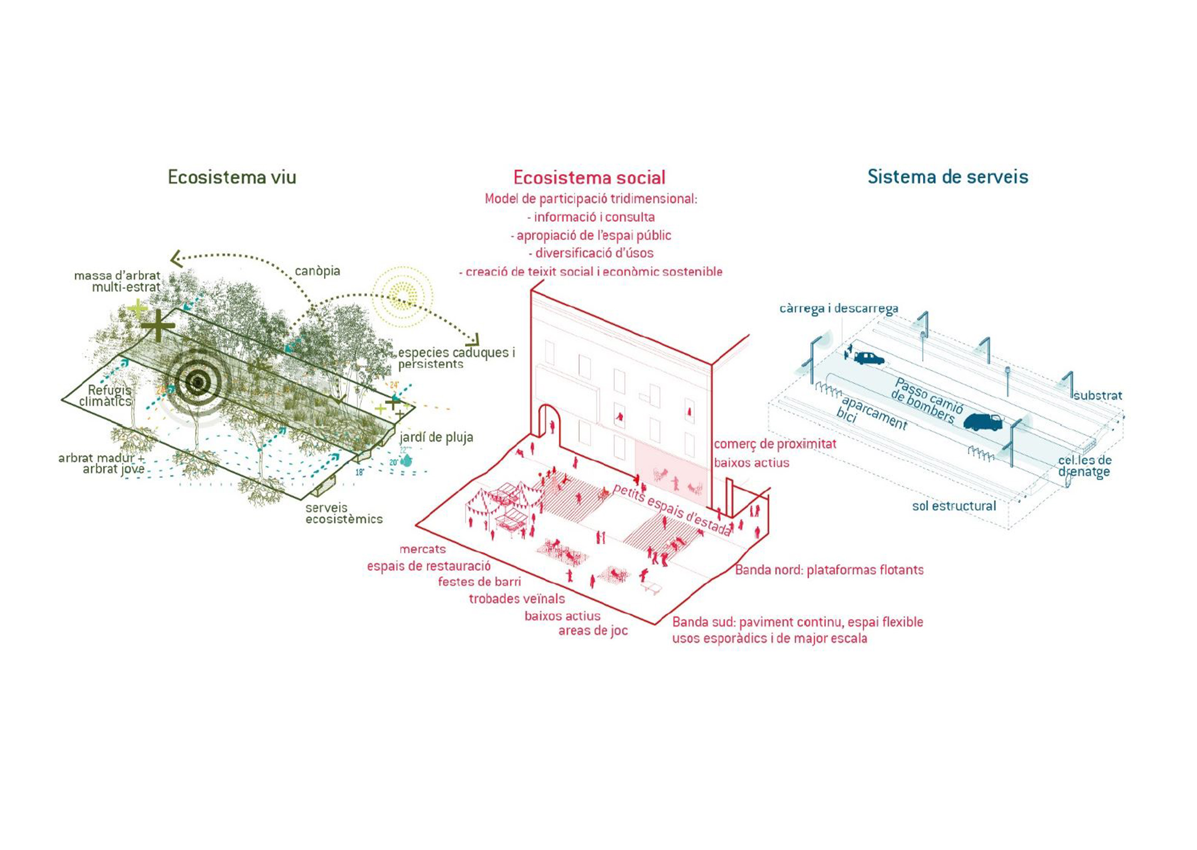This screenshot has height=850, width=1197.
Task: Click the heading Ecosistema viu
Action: (232, 178)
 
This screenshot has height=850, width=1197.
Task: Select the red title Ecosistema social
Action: (589, 178)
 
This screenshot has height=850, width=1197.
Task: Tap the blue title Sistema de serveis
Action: (947, 176)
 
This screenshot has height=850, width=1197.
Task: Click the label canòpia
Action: (317, 271)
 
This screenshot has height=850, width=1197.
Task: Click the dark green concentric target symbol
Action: (197, 383)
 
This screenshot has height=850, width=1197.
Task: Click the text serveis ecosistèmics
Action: (344, 513)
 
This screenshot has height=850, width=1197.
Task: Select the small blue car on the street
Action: (868, 358)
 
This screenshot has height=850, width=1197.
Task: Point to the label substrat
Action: (1097, 396)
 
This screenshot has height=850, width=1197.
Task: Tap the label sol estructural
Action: (954, 506)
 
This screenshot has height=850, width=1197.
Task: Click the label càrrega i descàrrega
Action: (838, 308)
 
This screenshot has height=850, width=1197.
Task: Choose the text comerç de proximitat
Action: (775, 444)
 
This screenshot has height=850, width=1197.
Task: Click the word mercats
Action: (422, 549)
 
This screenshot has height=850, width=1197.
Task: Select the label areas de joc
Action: (592, 631)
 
